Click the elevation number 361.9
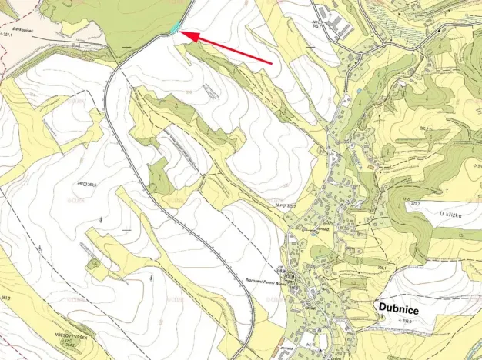point(6,297)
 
